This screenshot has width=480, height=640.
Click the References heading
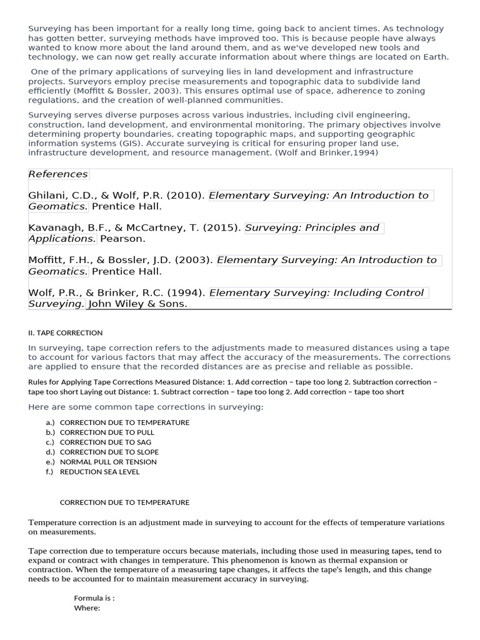(58, 174)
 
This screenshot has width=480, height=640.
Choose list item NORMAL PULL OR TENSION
(108, 462)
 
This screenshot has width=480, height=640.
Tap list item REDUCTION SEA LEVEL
(99, 472)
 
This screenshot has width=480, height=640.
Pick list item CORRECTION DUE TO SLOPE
(109, 452)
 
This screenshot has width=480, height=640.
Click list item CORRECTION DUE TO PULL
(107, 432)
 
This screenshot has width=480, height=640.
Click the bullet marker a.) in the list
(51, 422)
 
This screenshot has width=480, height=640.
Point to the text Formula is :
(94, 598)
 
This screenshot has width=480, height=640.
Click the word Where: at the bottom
(87, 608)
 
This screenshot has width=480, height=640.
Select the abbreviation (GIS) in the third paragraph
(131, 143)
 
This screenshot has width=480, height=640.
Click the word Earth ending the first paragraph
(435, 57)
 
